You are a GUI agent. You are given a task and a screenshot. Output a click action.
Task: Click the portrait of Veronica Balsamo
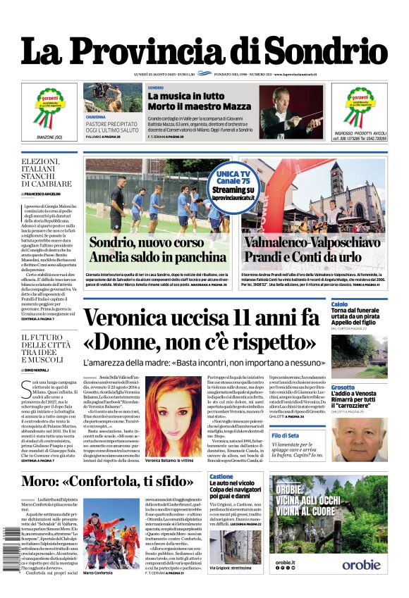tap(172, 413)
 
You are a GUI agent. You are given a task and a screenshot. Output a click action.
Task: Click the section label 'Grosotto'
tap(343, 387)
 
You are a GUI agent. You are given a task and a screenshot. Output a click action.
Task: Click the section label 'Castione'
tap(221, 477)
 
